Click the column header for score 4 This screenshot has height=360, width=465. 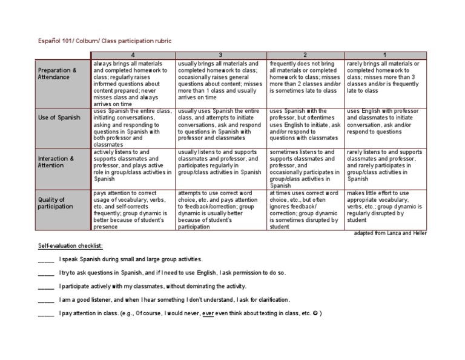(x=133, y=56)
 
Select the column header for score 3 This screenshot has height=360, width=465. (x=220, y=56)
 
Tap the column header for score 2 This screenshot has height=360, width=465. (x=305, y=56)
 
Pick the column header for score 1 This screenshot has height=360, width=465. (x=385, y=56)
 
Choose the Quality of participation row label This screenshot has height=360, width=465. (x=55, y=203)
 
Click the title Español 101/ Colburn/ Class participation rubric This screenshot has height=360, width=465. (x=105, y=41)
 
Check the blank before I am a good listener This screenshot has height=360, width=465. (x=46, y=299)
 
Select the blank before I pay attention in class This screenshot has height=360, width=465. (x=46, y=313)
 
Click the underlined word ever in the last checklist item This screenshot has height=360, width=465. (x=208, y=313)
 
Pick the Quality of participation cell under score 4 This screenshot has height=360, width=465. (x=133, y=210)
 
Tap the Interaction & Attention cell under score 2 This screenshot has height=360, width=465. (x=305, y=168)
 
